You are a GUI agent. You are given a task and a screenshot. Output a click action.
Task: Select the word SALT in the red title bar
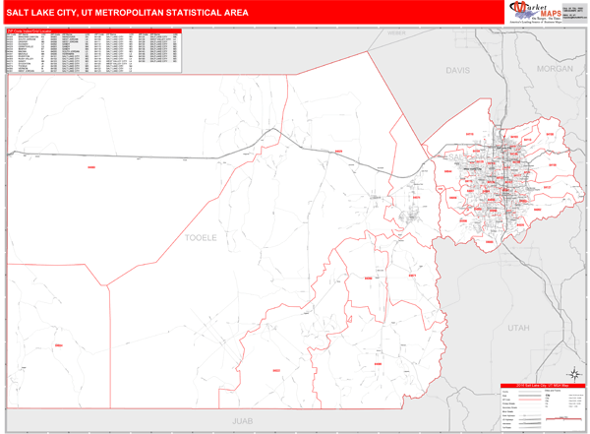click(18, 13)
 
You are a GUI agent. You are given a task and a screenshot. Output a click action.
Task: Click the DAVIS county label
click(458, 71)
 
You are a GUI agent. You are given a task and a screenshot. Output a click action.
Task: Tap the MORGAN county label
click(555, 69)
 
